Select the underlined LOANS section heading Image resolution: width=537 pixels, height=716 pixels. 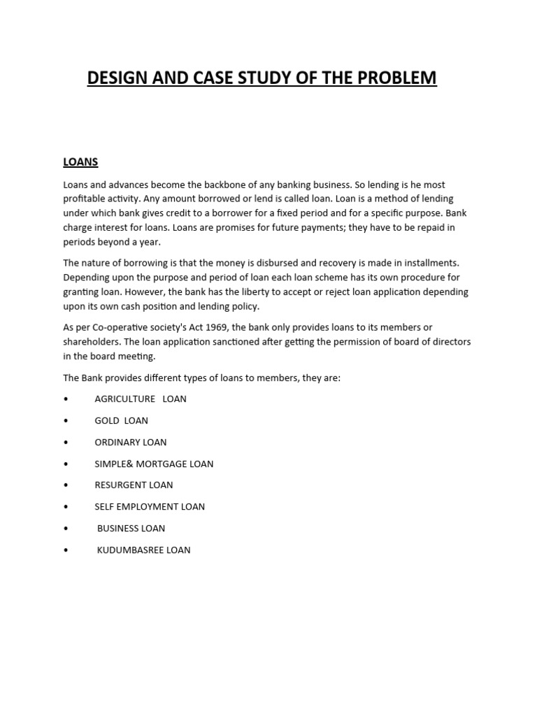pos(80,162)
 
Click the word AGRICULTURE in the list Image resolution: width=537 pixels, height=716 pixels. pos(124,399)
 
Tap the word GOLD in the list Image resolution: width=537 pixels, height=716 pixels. pos(107,421)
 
